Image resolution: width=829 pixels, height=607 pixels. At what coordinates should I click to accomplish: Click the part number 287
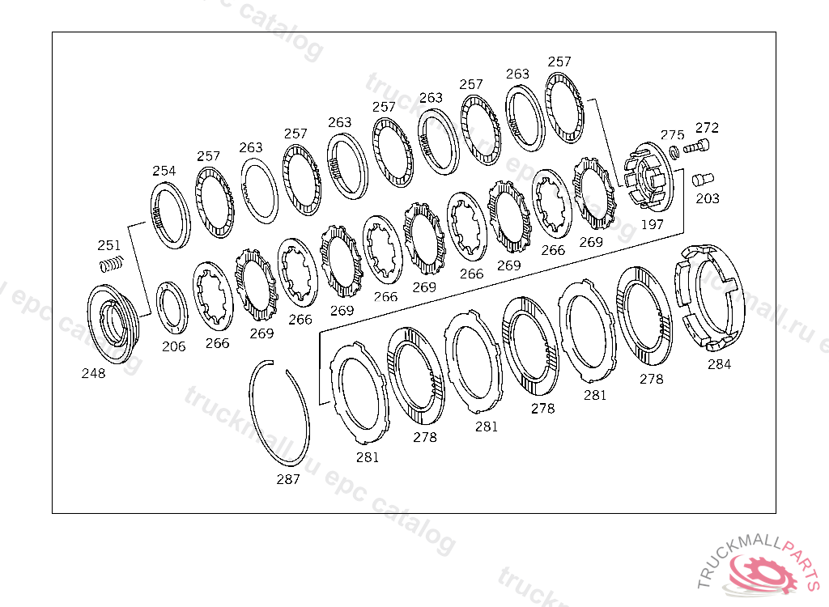[288, 479]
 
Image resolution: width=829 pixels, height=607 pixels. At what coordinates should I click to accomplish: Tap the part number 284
[720, 363]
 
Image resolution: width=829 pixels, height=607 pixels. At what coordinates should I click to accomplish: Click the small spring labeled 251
[112, 263]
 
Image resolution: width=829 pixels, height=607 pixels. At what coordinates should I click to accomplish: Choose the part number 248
[94, 373]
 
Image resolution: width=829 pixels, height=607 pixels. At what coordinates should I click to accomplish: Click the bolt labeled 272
[696, 146]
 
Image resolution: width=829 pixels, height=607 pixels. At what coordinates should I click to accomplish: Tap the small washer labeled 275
[674, 152]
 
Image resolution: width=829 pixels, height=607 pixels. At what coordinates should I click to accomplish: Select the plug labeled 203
[703, 179]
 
